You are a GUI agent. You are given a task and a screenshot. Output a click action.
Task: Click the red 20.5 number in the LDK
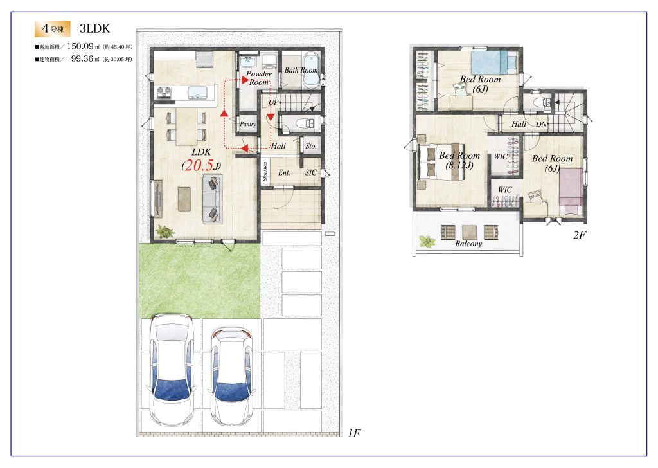199,165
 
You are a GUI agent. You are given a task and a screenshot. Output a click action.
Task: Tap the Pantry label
248,124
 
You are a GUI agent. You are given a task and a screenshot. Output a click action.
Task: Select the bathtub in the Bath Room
311,70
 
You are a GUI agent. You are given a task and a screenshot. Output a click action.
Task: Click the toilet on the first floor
305,123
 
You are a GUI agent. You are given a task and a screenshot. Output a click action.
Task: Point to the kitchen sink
195,93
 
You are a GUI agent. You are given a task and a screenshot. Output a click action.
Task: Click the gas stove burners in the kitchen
163,93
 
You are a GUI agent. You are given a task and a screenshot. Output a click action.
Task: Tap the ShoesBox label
265,172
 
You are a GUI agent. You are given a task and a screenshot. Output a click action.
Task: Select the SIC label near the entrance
311,172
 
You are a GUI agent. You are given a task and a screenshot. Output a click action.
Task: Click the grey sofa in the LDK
213,200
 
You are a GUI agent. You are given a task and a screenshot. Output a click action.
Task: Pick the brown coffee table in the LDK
184,199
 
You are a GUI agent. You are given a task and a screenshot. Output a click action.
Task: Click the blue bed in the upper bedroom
494,62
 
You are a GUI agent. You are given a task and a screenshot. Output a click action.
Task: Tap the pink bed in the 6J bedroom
571,192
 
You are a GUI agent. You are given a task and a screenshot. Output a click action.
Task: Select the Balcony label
468,244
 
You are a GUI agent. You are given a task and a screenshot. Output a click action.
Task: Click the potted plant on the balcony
427,241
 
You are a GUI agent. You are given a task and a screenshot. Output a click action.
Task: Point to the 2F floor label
579,235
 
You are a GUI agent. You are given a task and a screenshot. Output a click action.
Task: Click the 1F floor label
354,433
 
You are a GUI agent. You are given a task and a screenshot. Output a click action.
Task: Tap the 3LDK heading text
94,28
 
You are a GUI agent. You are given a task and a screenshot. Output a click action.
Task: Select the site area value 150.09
80,46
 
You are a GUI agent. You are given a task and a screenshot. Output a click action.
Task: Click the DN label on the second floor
541,124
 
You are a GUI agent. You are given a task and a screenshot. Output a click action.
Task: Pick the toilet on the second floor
541,102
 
